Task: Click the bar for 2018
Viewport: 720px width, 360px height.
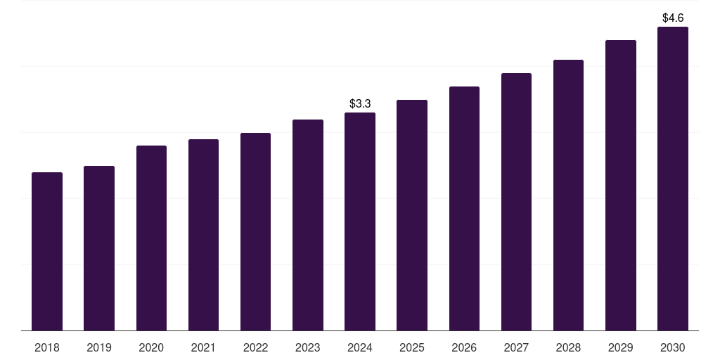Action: coord(47,251)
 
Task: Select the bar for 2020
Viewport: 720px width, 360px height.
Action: coord(151,238)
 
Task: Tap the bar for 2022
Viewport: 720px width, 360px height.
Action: coord(255,231)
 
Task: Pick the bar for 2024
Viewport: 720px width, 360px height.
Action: coord(360,221)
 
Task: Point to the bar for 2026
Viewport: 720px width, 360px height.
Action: coord(464,208)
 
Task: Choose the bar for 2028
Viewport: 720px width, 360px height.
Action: coord(568,195)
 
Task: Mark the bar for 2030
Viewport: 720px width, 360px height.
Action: coord(672,179)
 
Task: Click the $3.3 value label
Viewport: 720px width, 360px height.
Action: coord(360,104)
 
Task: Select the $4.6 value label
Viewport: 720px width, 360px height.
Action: coord(673,18)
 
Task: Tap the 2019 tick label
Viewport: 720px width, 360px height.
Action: coord(99,348)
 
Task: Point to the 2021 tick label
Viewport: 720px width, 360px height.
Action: coord(203,348)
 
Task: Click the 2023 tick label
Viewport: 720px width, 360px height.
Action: coord(308,348)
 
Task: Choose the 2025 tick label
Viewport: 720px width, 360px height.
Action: coord(412,348)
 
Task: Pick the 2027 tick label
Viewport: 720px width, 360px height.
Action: coord(516,348)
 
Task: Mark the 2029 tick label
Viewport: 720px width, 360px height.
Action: coord(620,348)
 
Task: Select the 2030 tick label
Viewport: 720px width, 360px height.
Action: coord(672,348)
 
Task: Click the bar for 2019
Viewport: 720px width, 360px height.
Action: coord(99,248)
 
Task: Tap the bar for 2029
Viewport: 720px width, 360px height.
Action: coord(620,185)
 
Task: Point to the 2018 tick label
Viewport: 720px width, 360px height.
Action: coord(47,348)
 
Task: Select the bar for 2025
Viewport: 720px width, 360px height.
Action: coord(412,215)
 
